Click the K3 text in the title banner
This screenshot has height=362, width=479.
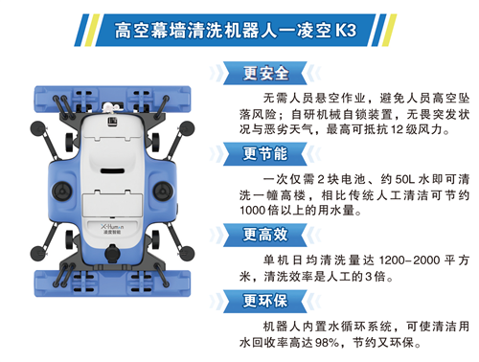pyautogui.click(x=346, y=31)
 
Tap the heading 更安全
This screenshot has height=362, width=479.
pyautogui.click(x=265, y=73)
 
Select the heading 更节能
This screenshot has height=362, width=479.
pyautogui.click(x=265, y=154)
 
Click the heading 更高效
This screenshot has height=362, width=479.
pyautogui.click(x=265, y=235)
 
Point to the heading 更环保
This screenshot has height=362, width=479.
pyautogui.click(x=265, y=301)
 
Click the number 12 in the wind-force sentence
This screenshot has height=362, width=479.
pyautogui.click(x=398, y=129)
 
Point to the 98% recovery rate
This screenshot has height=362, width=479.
pyautogui.click(x=328, y=343)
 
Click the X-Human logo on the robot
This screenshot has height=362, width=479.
pyautogui.click(x=112, y=227)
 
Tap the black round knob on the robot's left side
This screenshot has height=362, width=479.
pyautogui.click(x=62, y=192)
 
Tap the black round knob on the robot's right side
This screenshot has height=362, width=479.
pyautogui.click(x=163, y=192)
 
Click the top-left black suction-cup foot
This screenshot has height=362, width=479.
pyautogui.click(x=38, y=128)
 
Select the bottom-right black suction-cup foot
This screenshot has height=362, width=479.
pyautogui.click(x=187, y=254)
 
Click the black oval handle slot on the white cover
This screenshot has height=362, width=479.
pyautogui.click(x=112, y=170)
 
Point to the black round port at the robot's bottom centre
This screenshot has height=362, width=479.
pyautogui.click(x=112, y=254)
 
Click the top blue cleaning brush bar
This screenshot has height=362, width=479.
pyautogui.click(x=112, y=99)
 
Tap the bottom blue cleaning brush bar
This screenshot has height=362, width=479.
pyautogui.click(x=112, y=283)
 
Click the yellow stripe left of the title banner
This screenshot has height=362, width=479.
pyautogui.click(x=92, y=31)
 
